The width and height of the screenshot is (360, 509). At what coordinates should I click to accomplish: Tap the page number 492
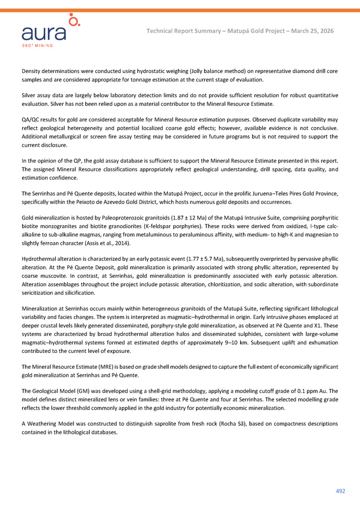(x=340, y=491)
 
